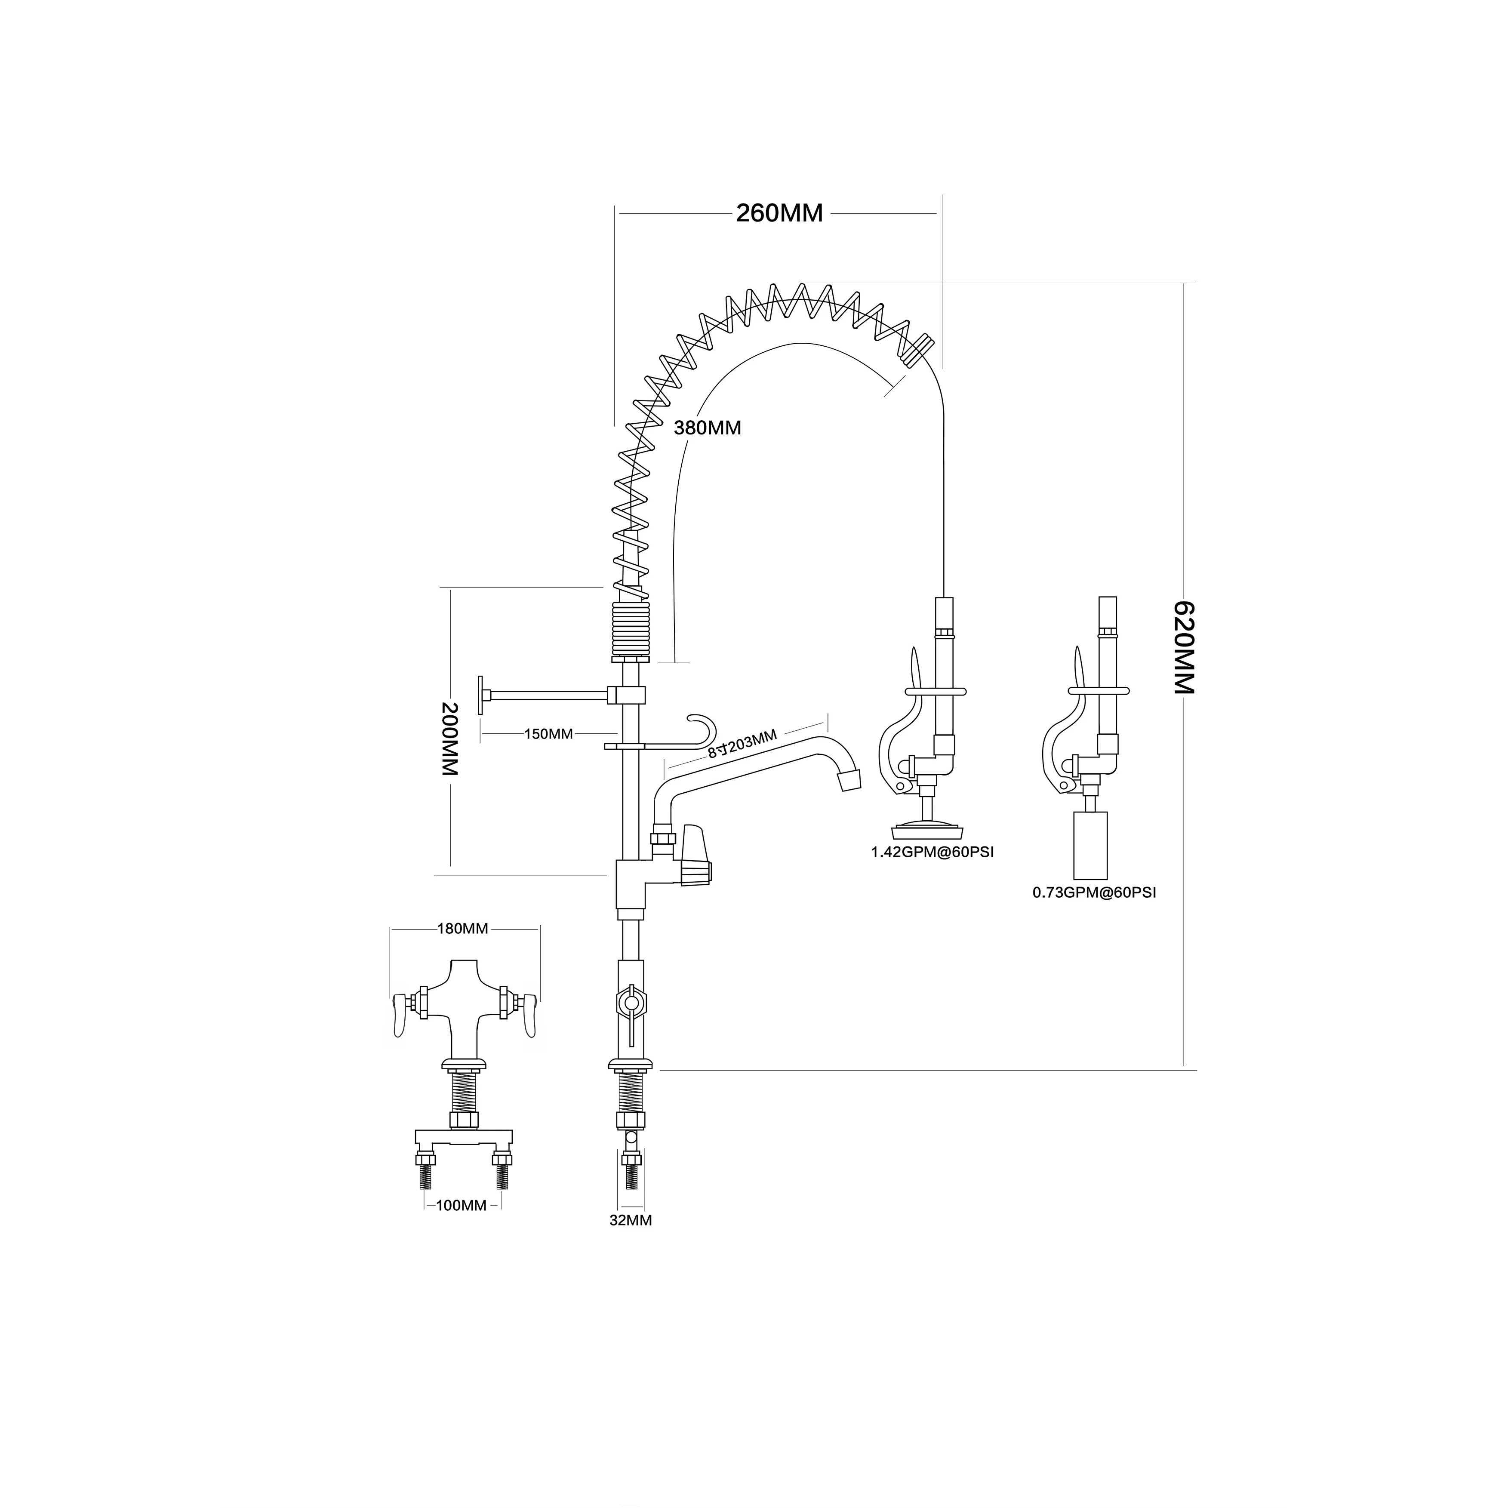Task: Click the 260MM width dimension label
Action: pyautogui.click(x=779, y=213)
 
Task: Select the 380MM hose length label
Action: pyautogui.click(x=707, y=428)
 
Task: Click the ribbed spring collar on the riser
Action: pyautogui.click(x=631, y=629)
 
